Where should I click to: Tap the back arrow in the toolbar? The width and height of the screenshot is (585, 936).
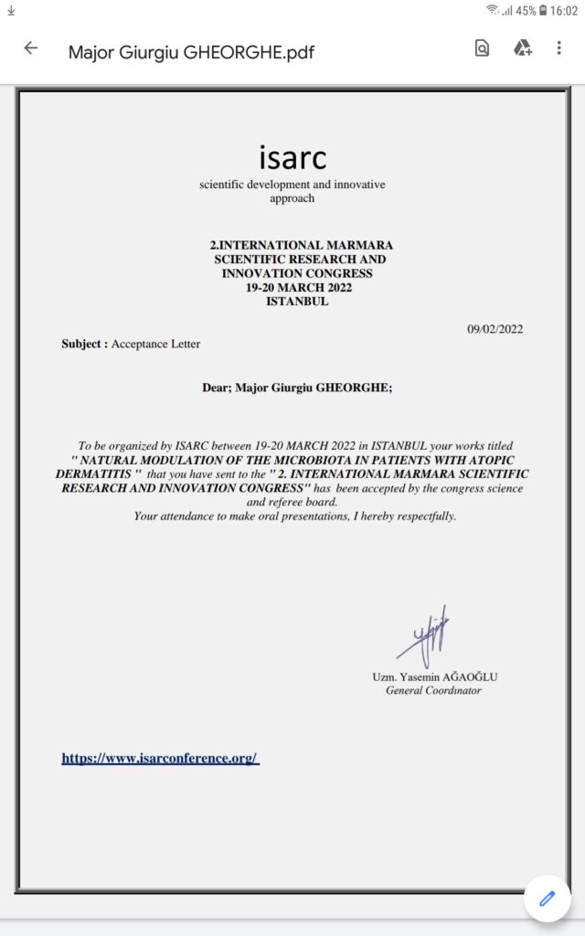coord(31,49)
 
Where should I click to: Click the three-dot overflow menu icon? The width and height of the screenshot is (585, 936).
coord(558,48)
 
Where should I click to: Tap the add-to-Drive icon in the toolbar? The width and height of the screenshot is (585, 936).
coord(522,48)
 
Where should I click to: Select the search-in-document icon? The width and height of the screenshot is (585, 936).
coord(482,48)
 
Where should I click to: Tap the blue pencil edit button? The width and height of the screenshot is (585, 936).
coord(548,898)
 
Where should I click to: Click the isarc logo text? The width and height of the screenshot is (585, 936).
coord(292,157)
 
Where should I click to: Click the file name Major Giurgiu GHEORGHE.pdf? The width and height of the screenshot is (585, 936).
coord(191,51)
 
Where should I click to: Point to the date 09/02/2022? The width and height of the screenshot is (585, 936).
coord(495,329)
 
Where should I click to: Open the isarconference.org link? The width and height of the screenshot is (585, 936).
coord(160,758)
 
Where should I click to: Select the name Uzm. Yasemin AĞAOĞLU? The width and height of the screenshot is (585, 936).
coord(434,677)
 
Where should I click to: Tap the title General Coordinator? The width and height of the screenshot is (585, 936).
coord(433,690)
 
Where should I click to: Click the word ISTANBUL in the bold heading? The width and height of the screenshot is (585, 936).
coord(297,301)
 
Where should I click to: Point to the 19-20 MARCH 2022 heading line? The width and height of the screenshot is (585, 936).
coord(299,287)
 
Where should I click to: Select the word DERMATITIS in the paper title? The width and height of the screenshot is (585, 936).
coord(97,474)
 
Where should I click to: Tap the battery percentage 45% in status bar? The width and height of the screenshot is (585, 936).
coord(526,11)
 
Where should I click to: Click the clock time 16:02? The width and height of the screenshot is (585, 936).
coord(565,11)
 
